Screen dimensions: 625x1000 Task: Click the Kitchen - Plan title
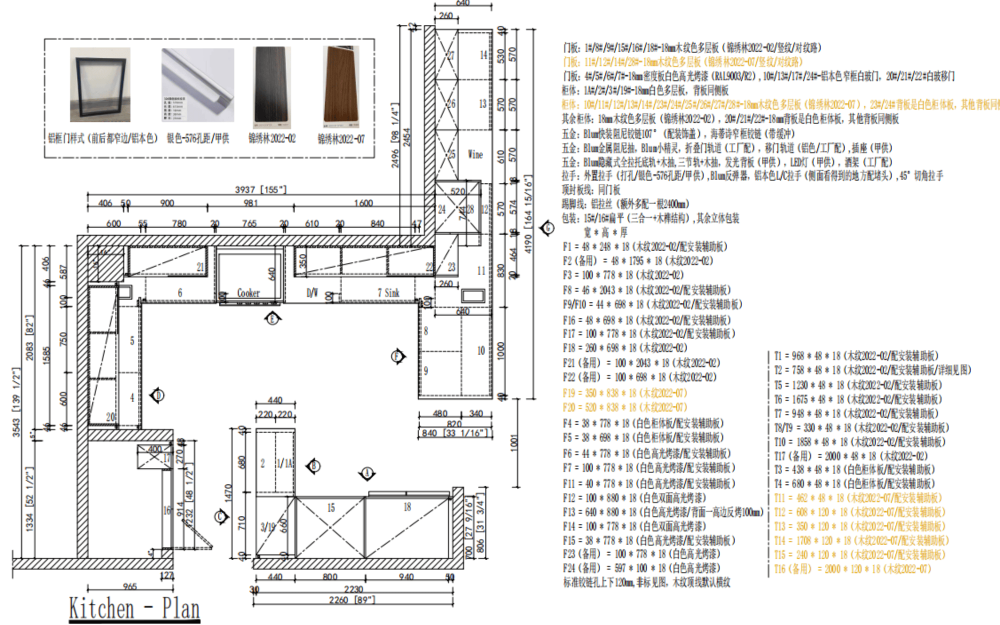(134, 609)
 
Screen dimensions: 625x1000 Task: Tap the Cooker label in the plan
(248, 293)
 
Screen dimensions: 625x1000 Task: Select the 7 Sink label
(388, 293)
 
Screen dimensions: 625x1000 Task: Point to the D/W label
(312, 293)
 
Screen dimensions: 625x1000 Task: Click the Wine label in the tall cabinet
(475, 154)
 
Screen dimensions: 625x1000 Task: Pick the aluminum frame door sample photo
(100, 84)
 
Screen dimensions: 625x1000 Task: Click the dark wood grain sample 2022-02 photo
(272, 87)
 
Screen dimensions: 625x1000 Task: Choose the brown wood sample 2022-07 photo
(341, 87)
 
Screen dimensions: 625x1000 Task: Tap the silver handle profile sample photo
(198, 85)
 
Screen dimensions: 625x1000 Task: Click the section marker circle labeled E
(272, 318)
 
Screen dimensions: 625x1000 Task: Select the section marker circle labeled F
(397, 356)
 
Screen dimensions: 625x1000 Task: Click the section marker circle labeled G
(548, 228)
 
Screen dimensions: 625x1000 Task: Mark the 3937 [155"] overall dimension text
(260, 189)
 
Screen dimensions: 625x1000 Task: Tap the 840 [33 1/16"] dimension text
(455, 433)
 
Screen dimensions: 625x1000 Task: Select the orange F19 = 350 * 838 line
(624, 393)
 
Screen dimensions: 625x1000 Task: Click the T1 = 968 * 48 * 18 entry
(855, 356)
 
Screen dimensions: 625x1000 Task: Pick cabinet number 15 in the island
(330, 508)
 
